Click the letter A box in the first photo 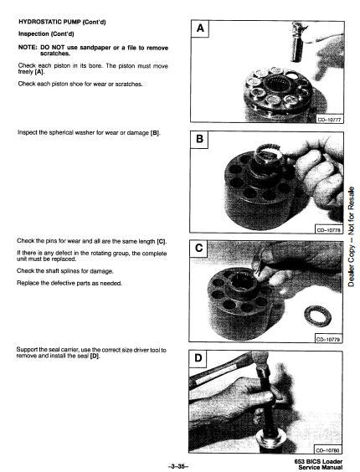pyautogui.click(x=200, y=29)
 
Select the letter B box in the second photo pyautogui.click(x=199, y=140)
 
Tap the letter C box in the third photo pyautogui.click(x=198, y=249)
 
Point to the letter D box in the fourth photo pyautogui.click(x=198, y=358)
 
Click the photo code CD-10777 pyautogui.click(x=329, y=120)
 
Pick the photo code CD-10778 pyautogui.click(x=328, y=230)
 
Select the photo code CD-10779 pyautogui.click(x=327, y=339)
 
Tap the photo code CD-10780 pyautogui.click(x=327, y=450)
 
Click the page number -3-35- pyautogui.click(x=177, y=467)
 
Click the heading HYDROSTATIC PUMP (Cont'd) pyautogui.click(x=62, y=22)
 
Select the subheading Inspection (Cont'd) pyautogui.click(x=46, y=33)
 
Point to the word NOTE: pyautogui.click(x=28, y=48)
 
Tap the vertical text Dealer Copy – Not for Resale pyautogui.click(x=352, y=237)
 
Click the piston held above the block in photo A pyautogui.click(x=299, y=42)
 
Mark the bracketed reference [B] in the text pyautogui.click(x=155, y=133)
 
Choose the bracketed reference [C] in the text pyautogui.click(x=162, y=241)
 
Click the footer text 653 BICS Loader pyautogui.click(x=318, y=461)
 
